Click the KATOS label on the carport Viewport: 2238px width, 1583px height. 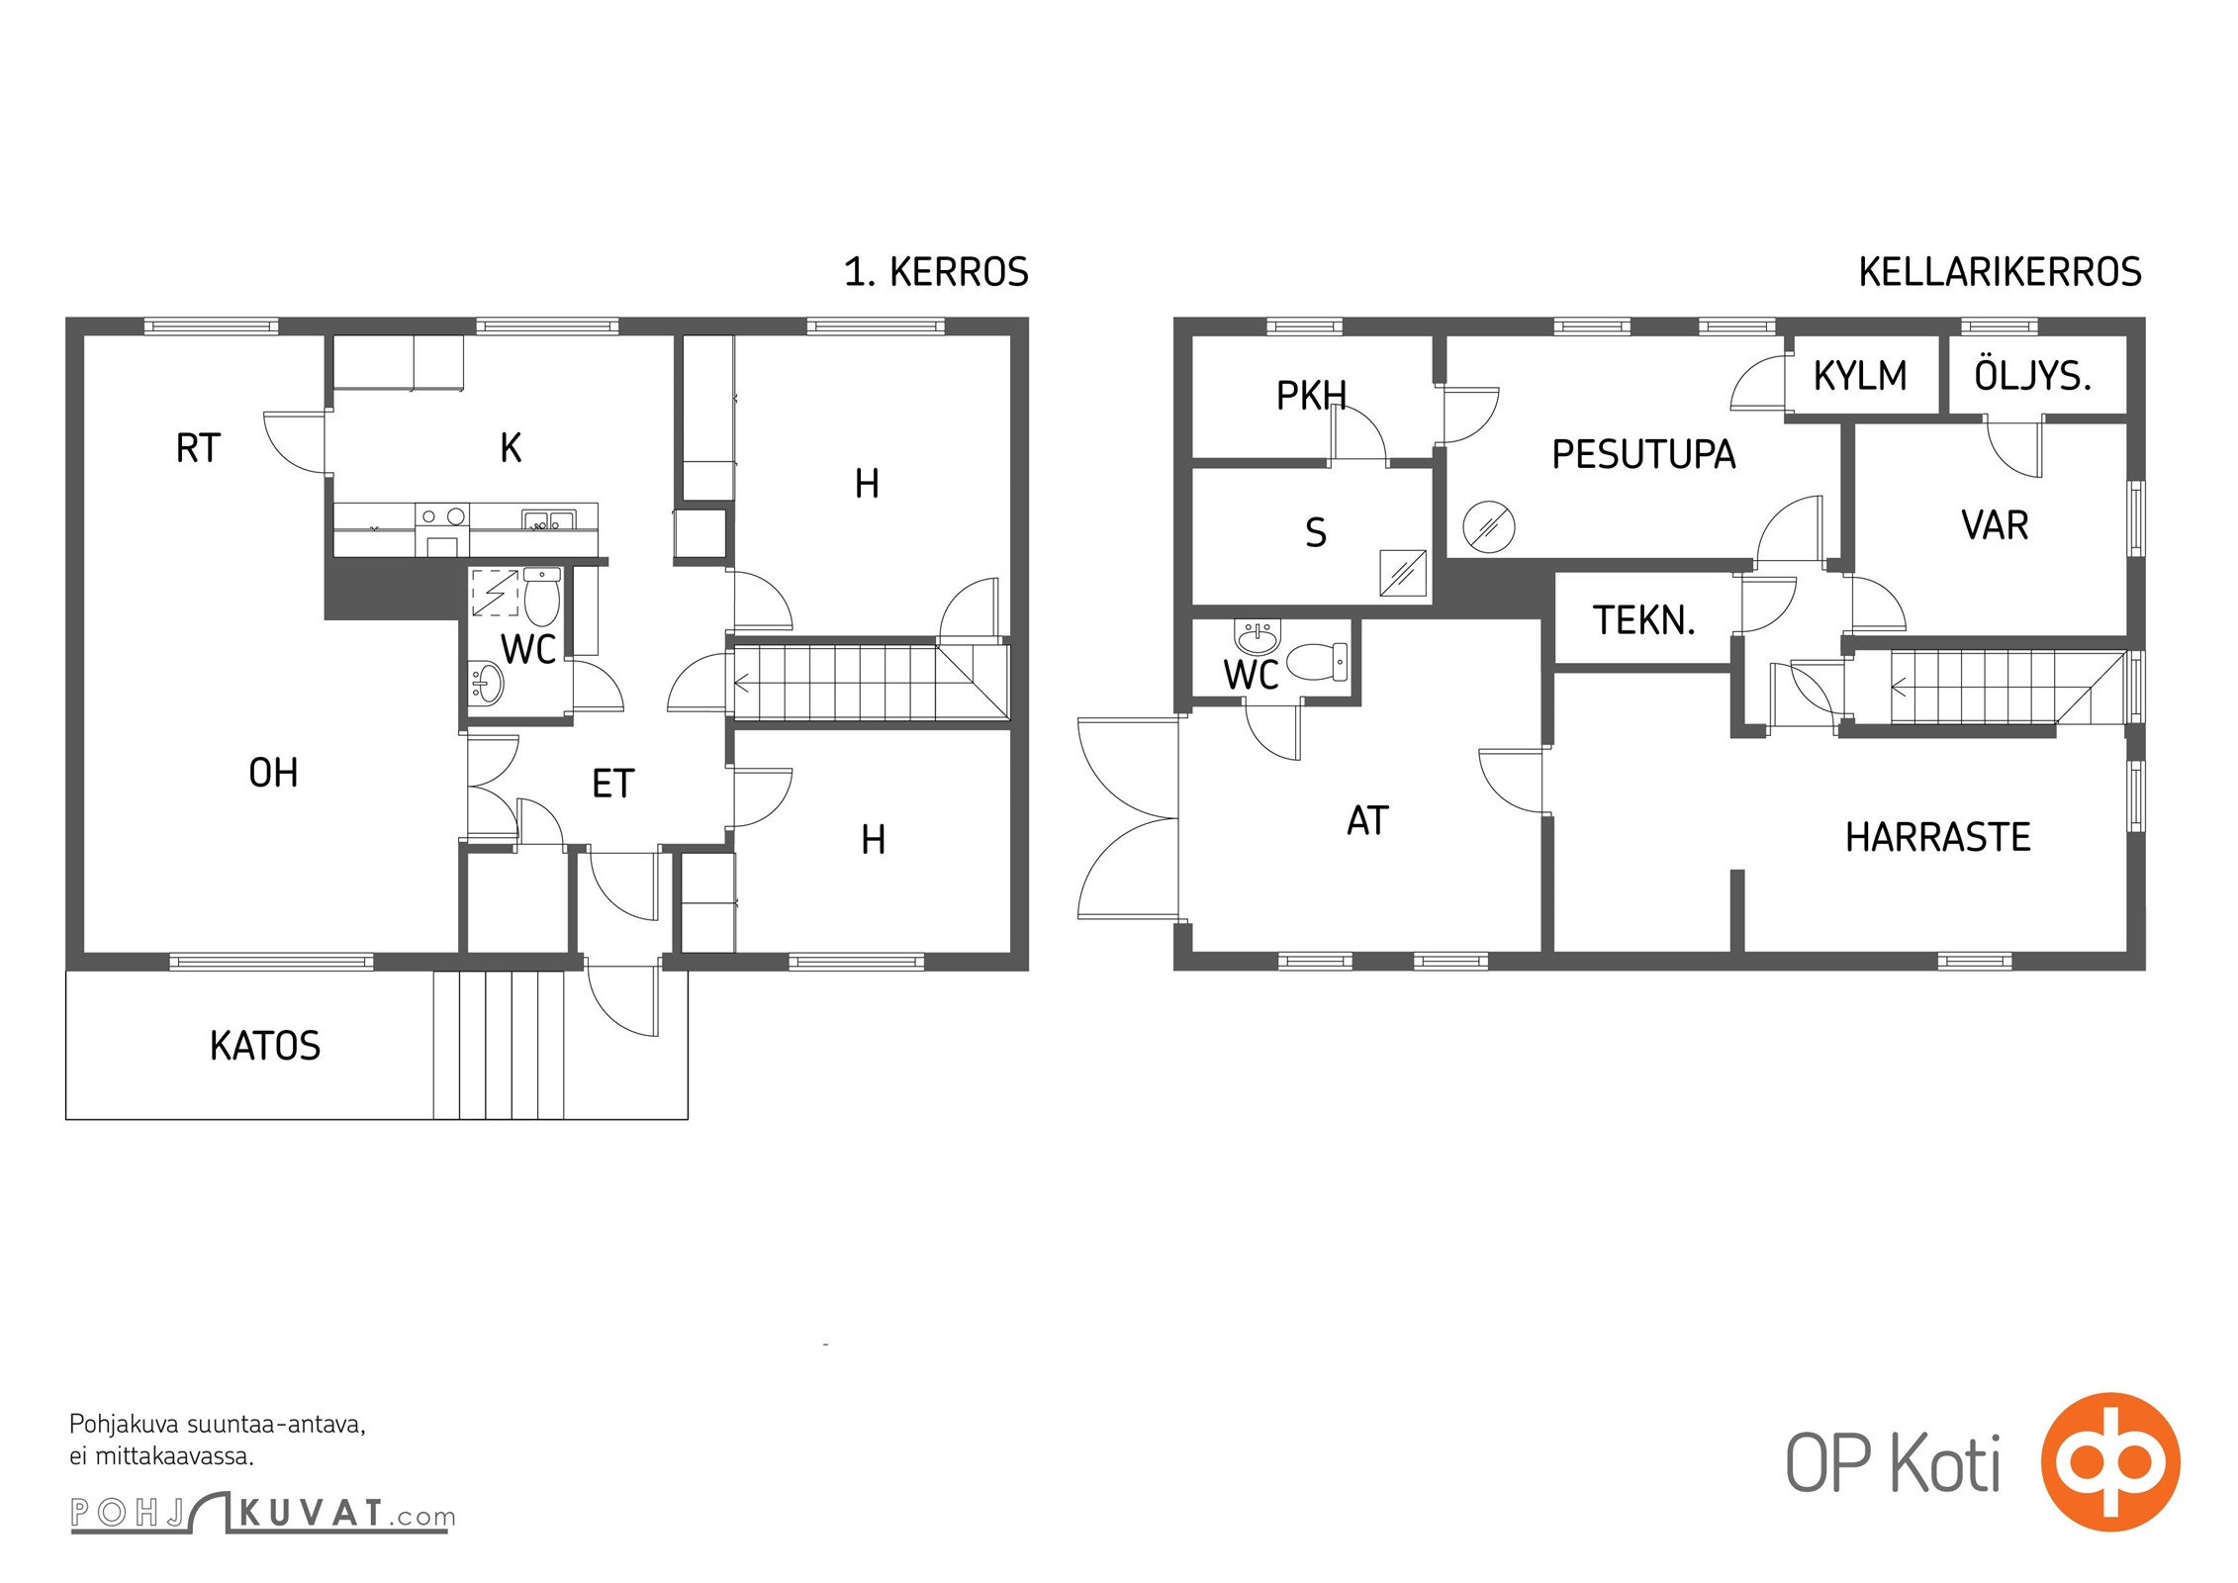[265, 1046]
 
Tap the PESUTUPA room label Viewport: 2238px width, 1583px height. [1643, 454]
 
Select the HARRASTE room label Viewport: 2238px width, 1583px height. [1937, 837]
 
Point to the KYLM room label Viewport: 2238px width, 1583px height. [1860, 376]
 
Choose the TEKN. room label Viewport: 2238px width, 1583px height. [1643, 620]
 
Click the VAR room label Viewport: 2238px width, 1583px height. [1995, 525]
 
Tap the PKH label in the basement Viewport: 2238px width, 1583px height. [1311, 396]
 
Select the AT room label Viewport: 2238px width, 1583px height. [1367, 820]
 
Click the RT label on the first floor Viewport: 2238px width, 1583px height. [198, 448]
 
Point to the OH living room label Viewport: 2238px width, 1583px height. [273, 773]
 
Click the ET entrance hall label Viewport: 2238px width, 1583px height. [612, 784]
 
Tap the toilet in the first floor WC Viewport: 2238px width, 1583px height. [541, 595]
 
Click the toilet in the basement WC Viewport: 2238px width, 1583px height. [1317, 661]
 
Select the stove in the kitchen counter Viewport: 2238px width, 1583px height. [442, 530]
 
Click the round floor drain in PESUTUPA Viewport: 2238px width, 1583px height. [1488, 527]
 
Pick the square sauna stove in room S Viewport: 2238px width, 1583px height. [1403, 574]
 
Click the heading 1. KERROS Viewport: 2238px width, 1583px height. [936, 272]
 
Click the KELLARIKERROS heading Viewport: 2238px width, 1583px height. [2000, 272]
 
